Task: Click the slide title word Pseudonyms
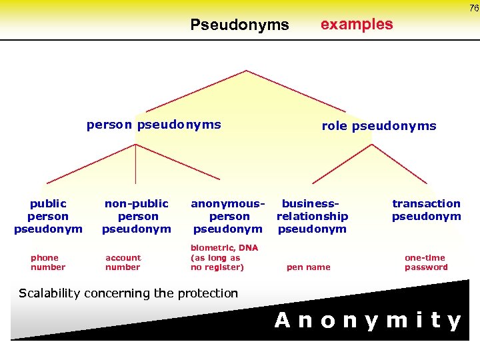pos(239,25)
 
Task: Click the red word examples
pos(357,25)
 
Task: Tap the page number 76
pos(473,8)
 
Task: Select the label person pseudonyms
pos(154,125)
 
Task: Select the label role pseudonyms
pos(379,126)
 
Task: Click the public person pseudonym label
pos(48,216)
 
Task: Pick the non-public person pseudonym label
pos(137,216)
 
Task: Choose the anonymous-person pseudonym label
pos(228,216)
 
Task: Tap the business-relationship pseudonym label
pos(312,216)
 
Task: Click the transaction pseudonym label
pos(426,210)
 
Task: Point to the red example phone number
pos(48,263)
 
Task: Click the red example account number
pos(123,263)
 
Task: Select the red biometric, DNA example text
pos(224,257)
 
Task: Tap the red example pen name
pos(308,267)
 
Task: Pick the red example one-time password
pos(426,263)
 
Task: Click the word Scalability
pos(51,293)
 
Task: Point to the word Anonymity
pos(368,321)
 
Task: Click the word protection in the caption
pos(207,293)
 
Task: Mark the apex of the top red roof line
pos(247,71)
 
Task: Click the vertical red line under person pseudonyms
pos(136,163)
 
